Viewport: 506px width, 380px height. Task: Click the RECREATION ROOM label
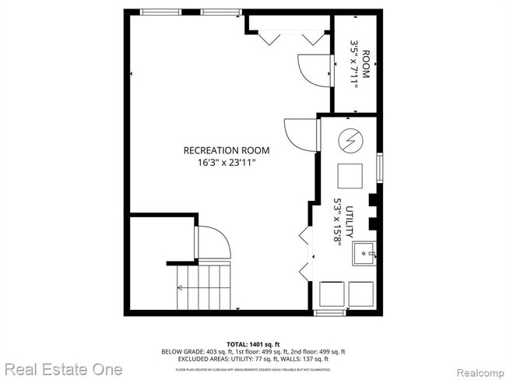pos(226,150)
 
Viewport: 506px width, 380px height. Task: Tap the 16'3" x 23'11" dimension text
pos(226,162)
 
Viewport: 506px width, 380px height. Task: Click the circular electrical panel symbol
pos(350,141)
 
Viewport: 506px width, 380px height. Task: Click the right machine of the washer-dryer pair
pos(361,294)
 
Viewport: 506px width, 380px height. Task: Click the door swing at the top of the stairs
pos(214,243)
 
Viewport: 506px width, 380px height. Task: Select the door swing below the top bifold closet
pos(313,70)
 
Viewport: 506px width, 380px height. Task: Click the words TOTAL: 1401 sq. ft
pos(253,343)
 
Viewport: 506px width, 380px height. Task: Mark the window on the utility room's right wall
pos(379,167)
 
